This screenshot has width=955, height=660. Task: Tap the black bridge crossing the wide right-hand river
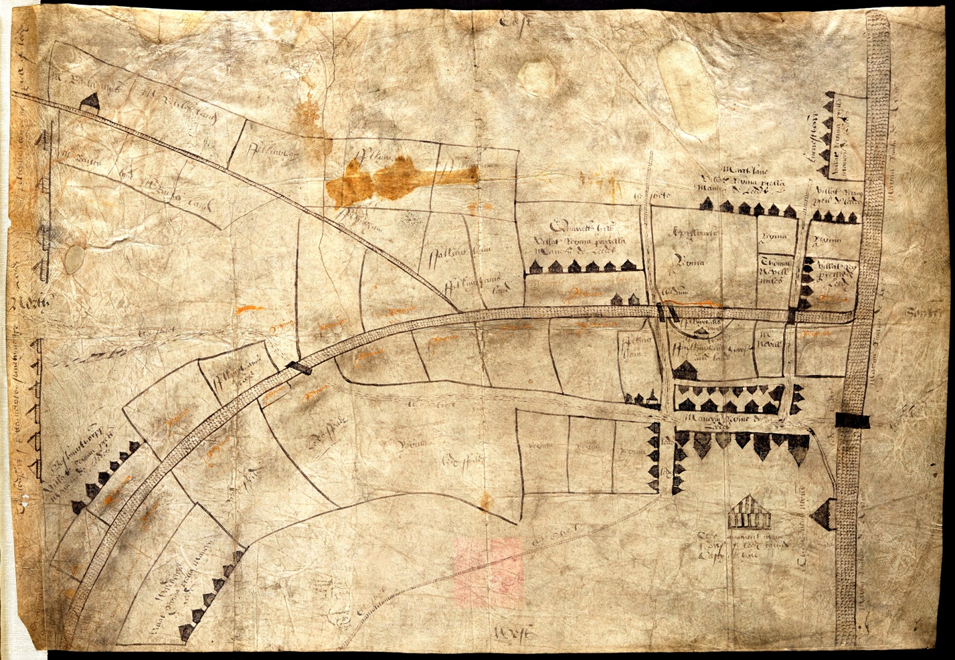point(852,420)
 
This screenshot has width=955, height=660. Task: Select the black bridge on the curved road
point(298,366)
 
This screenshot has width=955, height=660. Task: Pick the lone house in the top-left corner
point(89,101)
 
